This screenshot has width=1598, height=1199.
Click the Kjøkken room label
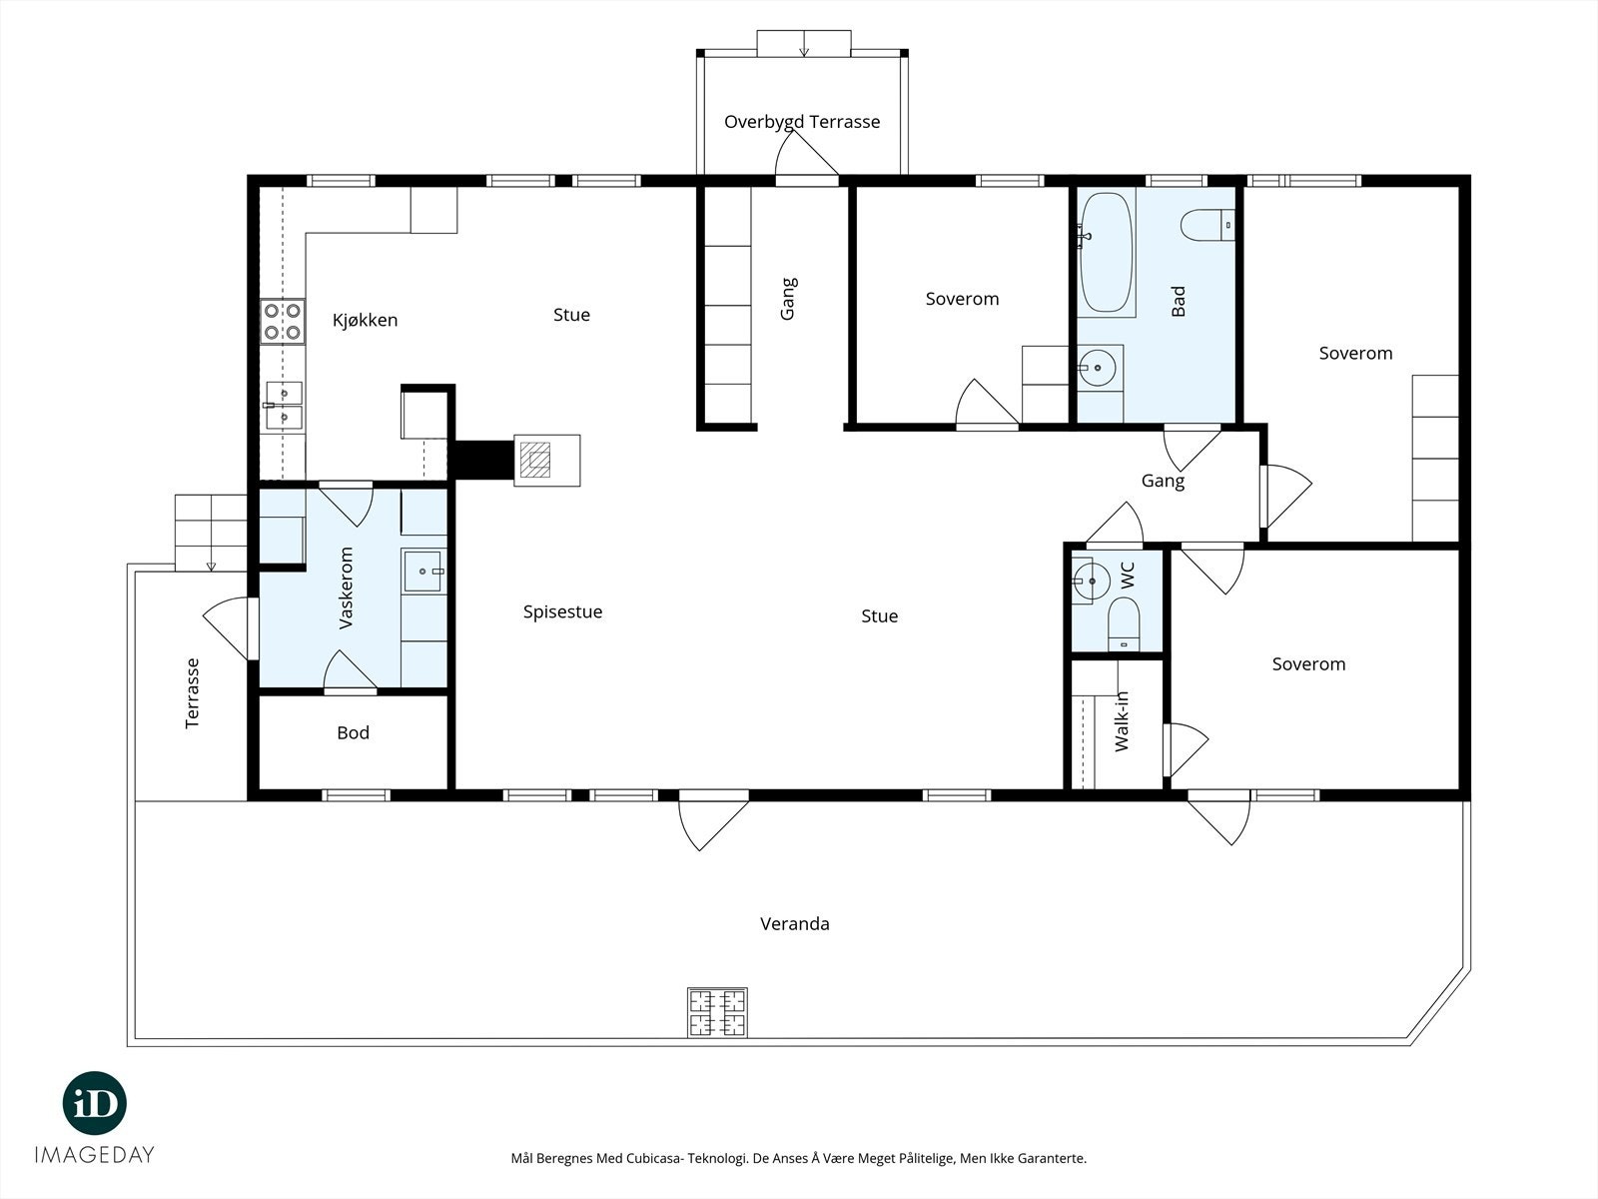point(365,321)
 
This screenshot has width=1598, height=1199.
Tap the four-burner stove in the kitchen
point(283,321)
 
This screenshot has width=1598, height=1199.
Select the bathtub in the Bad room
point(1107,253)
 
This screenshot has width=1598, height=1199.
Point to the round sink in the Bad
point(1097,369)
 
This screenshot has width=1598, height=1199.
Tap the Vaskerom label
point(346,589)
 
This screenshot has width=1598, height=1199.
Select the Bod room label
point(354,732)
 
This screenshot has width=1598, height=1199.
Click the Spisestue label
point(562,612)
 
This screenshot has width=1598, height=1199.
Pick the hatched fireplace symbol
point(535,460)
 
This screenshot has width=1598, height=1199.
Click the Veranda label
point(795,924)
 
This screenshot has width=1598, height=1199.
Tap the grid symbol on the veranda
point(718,1012)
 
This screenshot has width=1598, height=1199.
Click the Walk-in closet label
point(1122,721)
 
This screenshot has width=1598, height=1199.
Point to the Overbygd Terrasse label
point(802,122)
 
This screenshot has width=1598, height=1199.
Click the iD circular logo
point(95,1103)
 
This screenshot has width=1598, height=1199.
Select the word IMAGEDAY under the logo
point(95,1155)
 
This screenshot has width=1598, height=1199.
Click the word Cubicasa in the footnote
point(655,1158)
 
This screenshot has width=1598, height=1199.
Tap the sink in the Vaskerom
point(423,572)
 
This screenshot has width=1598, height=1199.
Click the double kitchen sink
point(284,406)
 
